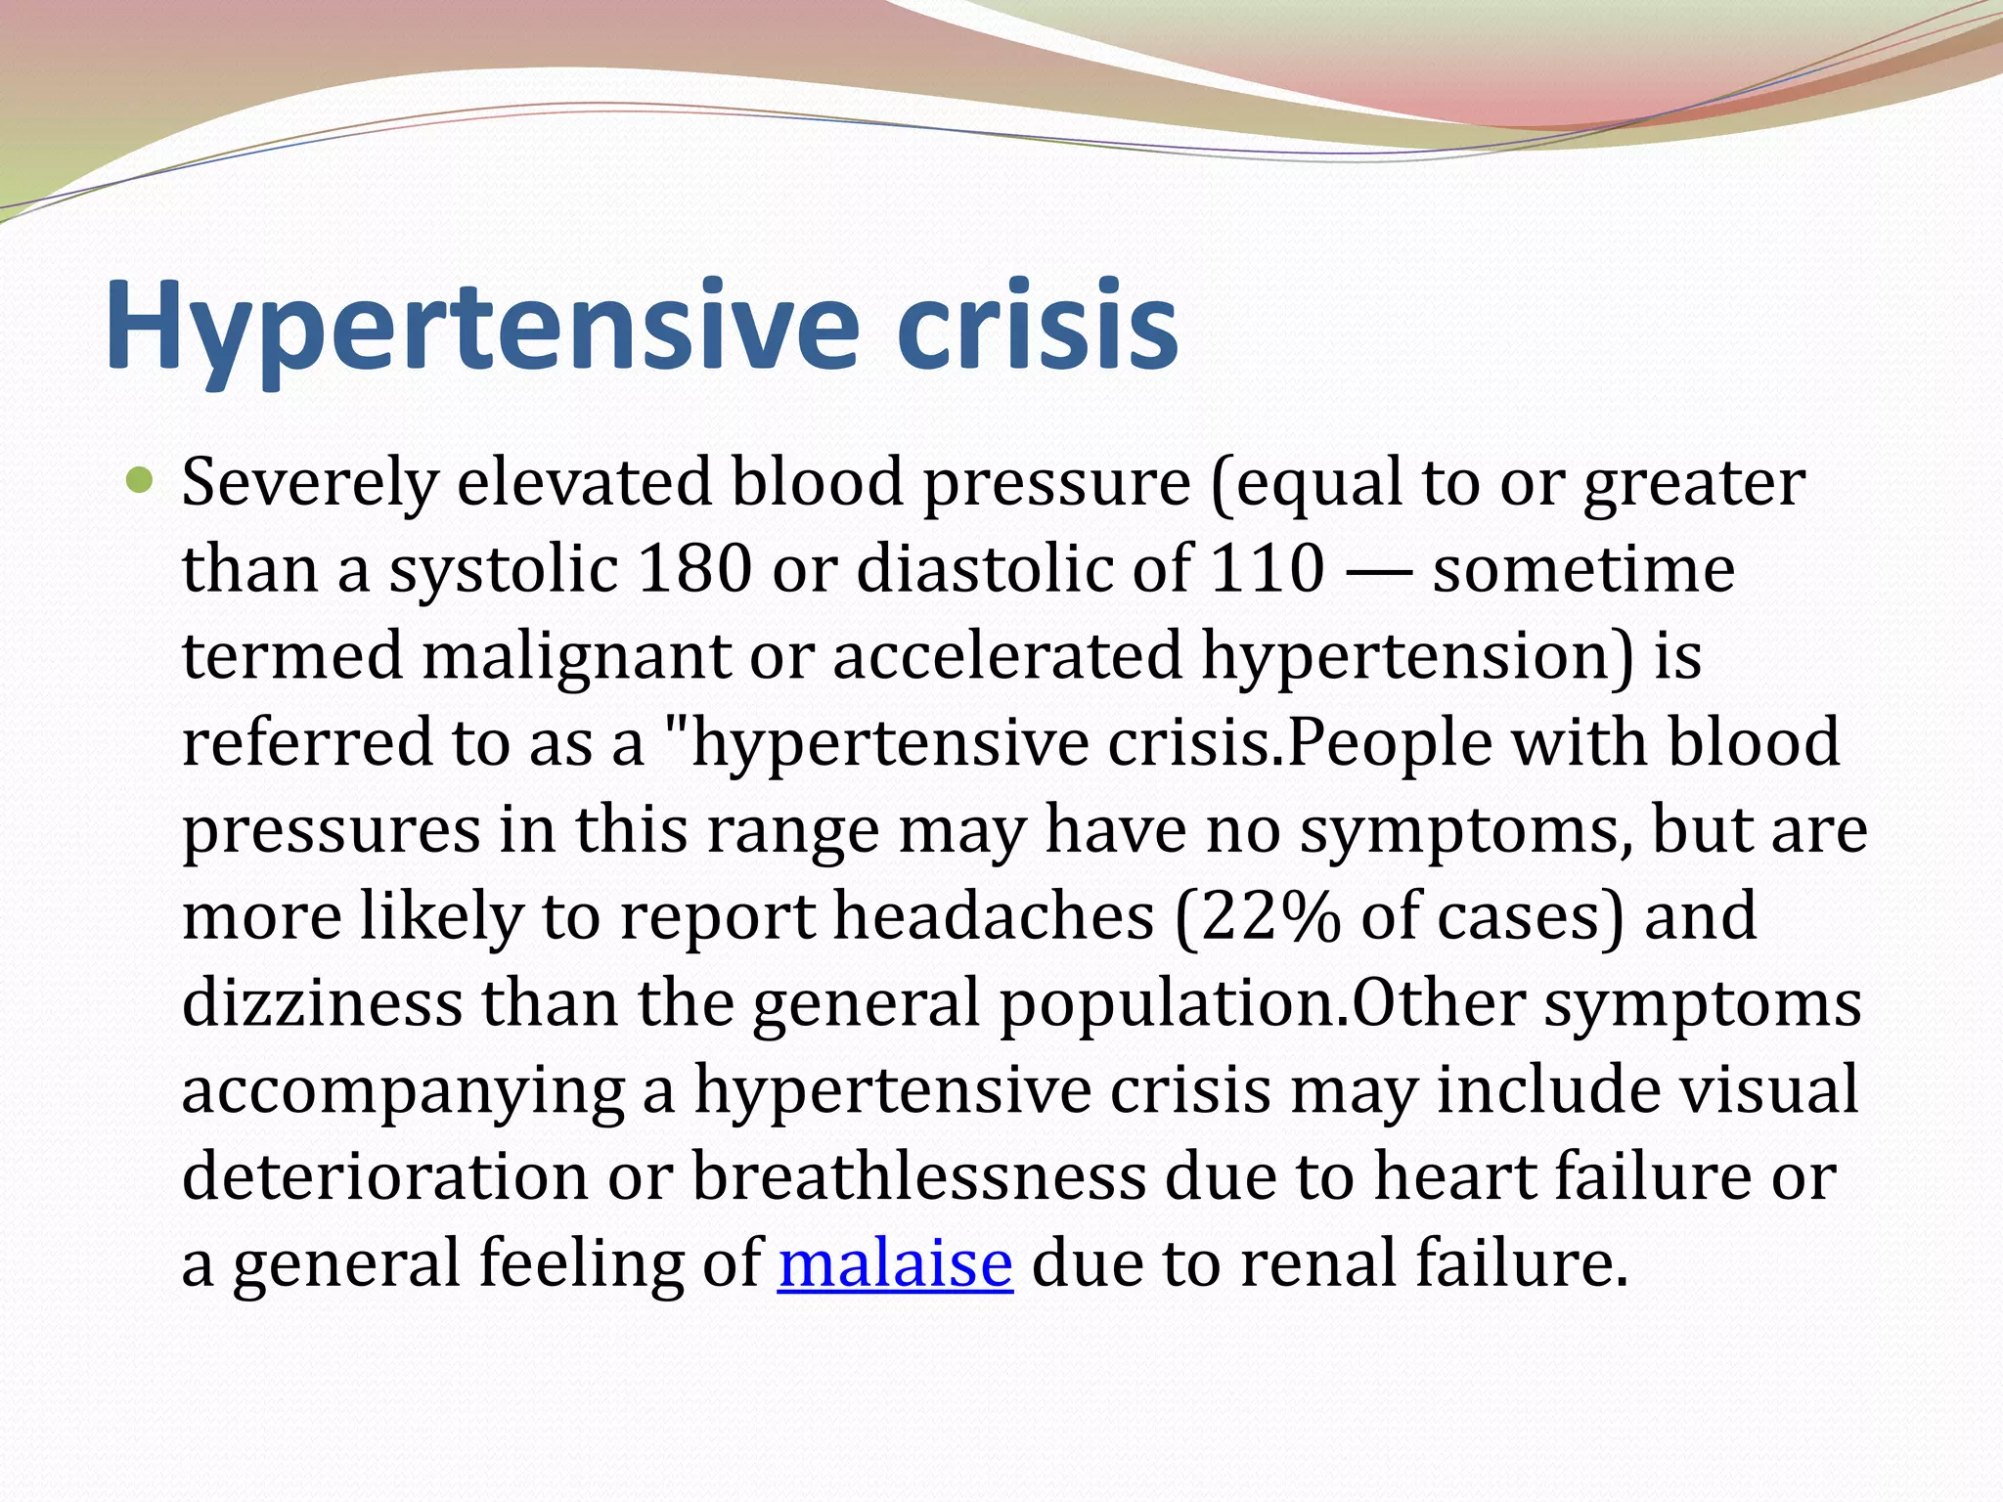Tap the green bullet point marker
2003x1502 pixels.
[x=141, y=480]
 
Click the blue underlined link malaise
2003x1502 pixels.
[x=895, y=1263]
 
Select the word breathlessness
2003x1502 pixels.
[x=919, y=1176]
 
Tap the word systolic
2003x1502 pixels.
[x=504, y=570]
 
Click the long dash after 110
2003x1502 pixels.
[x=1377, y=570]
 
